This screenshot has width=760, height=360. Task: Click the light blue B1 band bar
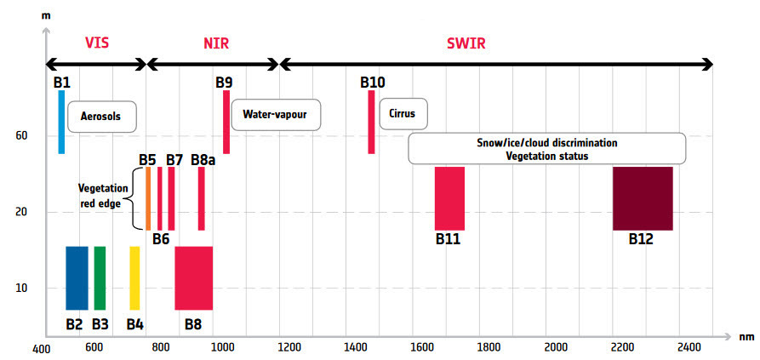click(61, 122)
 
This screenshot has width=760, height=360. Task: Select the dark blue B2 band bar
click(77, 278)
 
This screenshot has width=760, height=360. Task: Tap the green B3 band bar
click(100, 278)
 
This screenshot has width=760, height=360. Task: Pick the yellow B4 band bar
click(134, 278)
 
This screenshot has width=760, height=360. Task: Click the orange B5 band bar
click(148, 198)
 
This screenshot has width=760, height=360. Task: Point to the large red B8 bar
click(194, 278)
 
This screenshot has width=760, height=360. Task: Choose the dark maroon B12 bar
click(643, 198)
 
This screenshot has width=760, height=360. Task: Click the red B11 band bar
click(450, 198)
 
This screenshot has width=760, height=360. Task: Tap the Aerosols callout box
click(101, 117)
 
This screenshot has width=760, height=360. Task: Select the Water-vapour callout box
click(276, 115)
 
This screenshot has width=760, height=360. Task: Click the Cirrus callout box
click(403, 114)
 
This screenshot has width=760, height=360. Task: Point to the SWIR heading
click(466, 44)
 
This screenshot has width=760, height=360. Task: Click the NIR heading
click(215, 44)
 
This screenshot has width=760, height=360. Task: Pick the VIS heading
click(97, 43)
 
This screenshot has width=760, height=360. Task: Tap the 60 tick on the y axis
click(21, 136)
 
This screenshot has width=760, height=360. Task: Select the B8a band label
click(203, 159)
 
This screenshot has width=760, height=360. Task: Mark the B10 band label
click(372, 83)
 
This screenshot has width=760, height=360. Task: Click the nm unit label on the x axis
click(747, 337)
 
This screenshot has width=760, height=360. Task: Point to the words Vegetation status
click(547, 156)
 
